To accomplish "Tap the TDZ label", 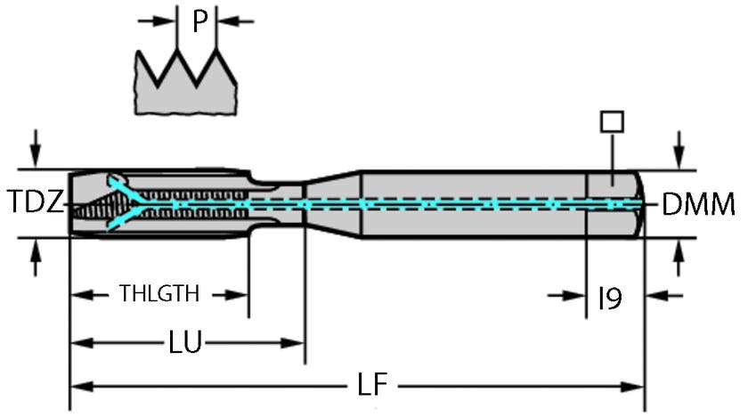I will [x=36, y=203].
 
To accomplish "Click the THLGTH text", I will [x=159, y=293].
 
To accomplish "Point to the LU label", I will [x=184, y=340].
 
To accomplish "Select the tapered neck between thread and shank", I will [x=331, y=204].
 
